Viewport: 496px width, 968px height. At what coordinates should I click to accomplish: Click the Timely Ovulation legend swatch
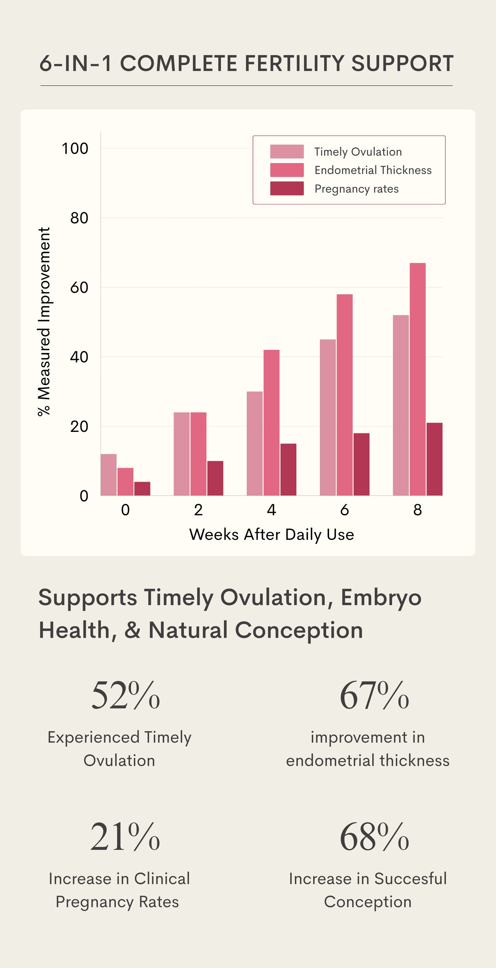[x=287, y=152]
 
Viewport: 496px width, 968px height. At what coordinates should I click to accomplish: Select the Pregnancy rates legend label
[x=356, y=189]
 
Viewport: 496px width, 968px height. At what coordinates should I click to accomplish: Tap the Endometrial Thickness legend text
[x=373, y=170]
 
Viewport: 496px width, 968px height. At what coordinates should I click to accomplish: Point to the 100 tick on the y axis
[x=75, y=149]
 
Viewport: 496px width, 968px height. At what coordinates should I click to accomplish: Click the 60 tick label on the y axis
[x=79, y=288]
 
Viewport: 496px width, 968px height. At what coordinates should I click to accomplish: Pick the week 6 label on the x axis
[x=344, y=510]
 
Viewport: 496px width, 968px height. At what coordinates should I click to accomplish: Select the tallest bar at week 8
[x=418, y=380]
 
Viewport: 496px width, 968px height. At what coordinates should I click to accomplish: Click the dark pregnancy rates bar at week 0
[x=142, y=489]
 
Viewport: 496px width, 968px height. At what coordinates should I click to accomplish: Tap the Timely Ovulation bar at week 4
[x=255, y=443]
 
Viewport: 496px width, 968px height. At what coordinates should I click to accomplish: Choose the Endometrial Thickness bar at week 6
[x=344, y=394]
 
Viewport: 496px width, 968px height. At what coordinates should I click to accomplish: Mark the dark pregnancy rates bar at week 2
[x=215, y=478]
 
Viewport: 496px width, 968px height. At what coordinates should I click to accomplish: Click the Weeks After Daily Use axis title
[x=271, y=534]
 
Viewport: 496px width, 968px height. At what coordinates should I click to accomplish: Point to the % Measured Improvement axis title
[x=44, y=322]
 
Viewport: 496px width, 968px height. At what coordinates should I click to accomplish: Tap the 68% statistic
[x=374, y=837]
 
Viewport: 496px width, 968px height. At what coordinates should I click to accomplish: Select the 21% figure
[x=125, y=837]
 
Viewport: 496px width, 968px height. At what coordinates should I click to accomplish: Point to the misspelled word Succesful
[x=410, y=879]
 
